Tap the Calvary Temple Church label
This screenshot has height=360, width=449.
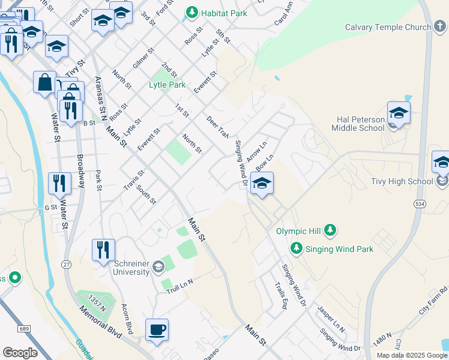388,27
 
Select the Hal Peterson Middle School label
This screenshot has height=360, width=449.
358,124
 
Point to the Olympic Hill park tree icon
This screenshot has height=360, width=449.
330,230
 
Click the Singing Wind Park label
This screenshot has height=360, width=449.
339,249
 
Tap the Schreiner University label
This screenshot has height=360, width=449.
131,268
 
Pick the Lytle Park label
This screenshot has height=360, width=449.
167,85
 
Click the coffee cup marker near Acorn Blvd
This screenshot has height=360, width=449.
157,329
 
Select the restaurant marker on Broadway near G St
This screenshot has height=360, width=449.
59,183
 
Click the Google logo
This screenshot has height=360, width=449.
20,353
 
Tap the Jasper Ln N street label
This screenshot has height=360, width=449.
331,320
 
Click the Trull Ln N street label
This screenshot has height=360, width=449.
180,286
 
